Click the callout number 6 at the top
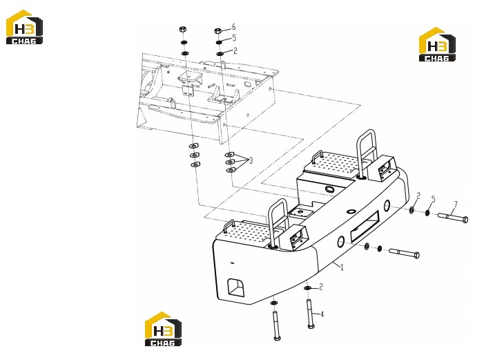click(233, 26)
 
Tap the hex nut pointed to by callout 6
click(218, 30)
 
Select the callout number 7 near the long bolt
click(455, 205)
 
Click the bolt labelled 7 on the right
click(452, 217)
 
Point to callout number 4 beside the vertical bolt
click(322, 314)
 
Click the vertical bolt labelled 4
click(310, 313)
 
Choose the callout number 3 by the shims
click(251, 160)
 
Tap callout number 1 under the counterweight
click(342, 266)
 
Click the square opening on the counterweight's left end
click(236, 287)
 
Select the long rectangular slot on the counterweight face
click(365, 227)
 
